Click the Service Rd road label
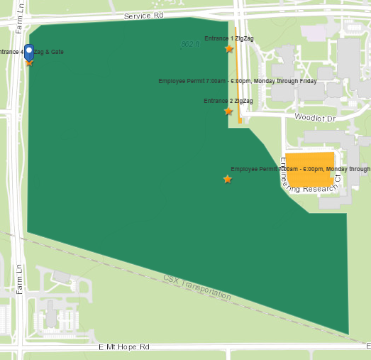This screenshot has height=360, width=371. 143,16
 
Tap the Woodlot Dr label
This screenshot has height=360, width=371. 313,116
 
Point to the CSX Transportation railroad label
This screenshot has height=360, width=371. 196,287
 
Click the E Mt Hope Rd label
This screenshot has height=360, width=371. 125,347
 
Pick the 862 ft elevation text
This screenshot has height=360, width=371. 189,45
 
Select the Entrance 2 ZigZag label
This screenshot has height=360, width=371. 228,101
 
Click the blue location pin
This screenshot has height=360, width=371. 29,52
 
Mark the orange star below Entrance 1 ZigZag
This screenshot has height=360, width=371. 229,48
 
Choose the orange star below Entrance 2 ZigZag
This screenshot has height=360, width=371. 228,111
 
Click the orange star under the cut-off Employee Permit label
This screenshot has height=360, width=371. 227,179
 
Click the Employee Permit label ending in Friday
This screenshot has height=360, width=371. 237,81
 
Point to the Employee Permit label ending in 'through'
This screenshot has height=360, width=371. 300,169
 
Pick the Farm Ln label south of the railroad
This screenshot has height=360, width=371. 20,279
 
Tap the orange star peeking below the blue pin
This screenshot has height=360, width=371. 29,63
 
